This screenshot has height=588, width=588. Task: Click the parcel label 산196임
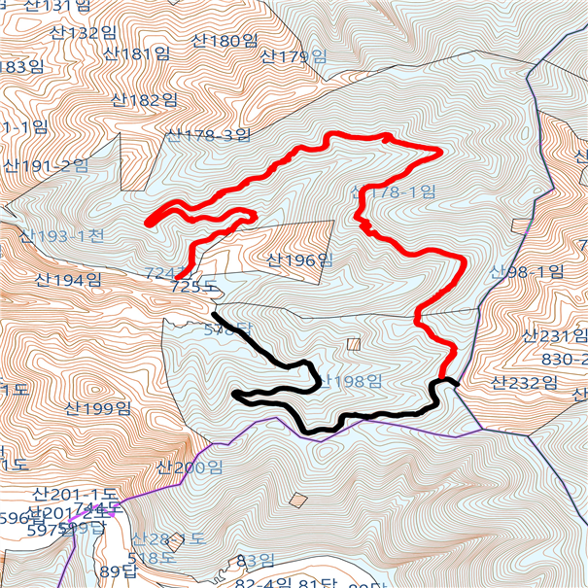point(299,259)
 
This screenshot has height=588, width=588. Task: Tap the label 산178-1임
point(395,192)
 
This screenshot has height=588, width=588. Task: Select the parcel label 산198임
point(349,381)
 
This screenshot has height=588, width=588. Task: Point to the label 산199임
point(97,408)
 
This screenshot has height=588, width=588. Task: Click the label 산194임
point(68,280)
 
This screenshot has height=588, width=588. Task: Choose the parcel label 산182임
point(144,99)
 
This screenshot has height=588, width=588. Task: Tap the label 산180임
point(225,41)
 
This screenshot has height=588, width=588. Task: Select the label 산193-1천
point(61,236)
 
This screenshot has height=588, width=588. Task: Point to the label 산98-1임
point(527,271)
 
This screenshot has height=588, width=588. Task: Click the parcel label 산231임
point(555,336)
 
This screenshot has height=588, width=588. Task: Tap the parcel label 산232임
point(529,382)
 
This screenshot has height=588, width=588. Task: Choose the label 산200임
point(189,467)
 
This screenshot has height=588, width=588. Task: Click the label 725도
point(190,287)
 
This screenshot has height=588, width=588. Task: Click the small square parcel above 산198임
point(354,343)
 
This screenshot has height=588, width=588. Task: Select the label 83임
point(256,561)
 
